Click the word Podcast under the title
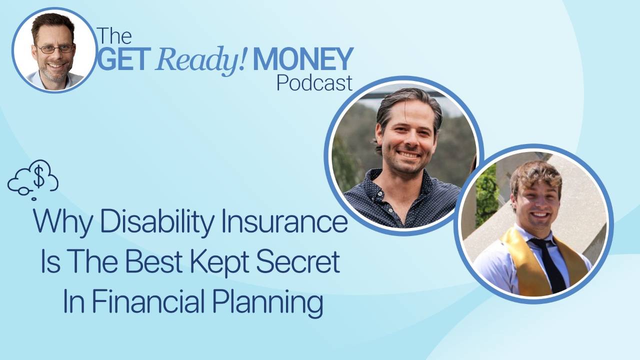click(x=314, y=82)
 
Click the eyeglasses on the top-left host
click(x=54, y=49)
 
